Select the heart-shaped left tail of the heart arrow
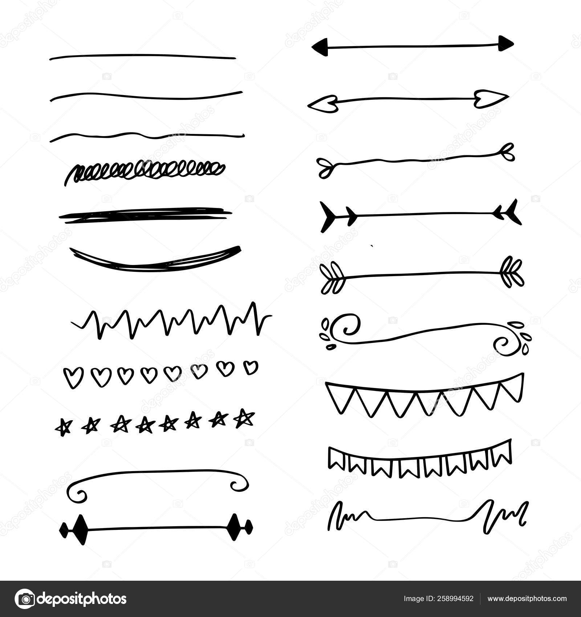click(321, 105)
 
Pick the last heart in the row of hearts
click(250, 367)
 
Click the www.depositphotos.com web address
click(527, 599)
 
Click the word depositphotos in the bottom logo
click(82, 599)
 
